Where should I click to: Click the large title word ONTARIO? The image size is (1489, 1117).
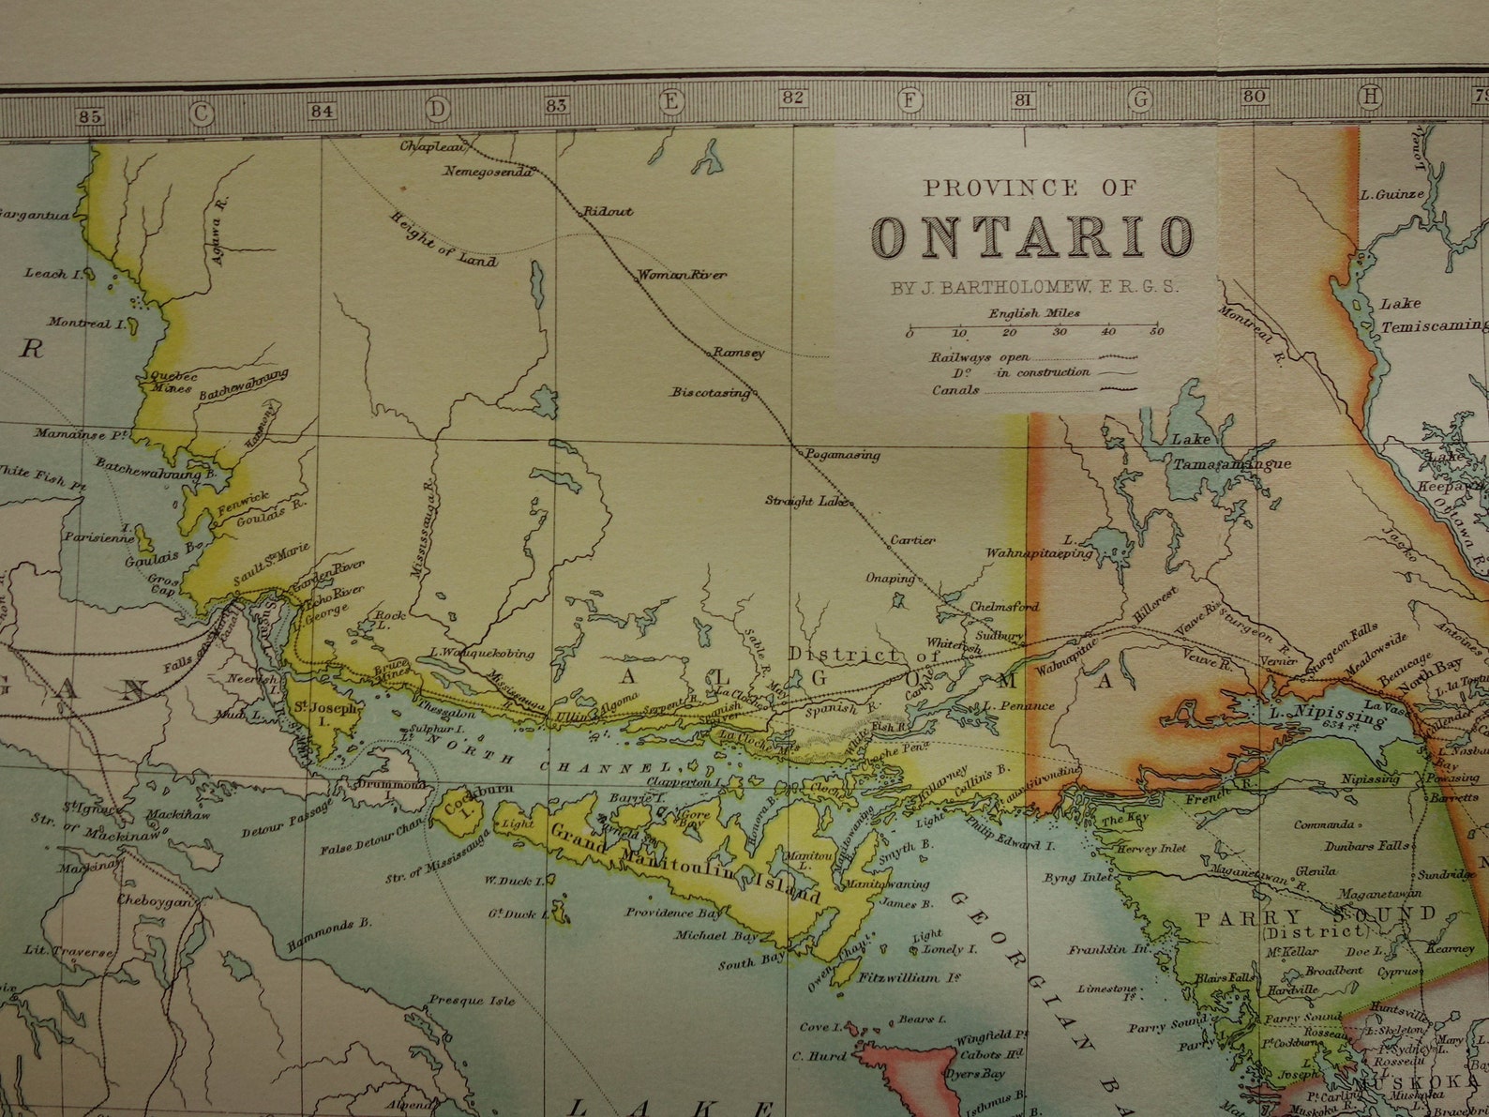(1031, 235)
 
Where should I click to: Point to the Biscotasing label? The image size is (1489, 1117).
(710, 392)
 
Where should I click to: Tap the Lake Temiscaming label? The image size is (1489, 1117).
(1430, 314)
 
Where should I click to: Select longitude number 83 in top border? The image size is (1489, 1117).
(556, 105)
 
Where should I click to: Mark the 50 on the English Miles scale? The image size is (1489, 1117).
(1157, 331)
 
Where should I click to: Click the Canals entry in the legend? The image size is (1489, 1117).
(955, 390)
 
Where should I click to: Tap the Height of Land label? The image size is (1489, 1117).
(444, 240)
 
